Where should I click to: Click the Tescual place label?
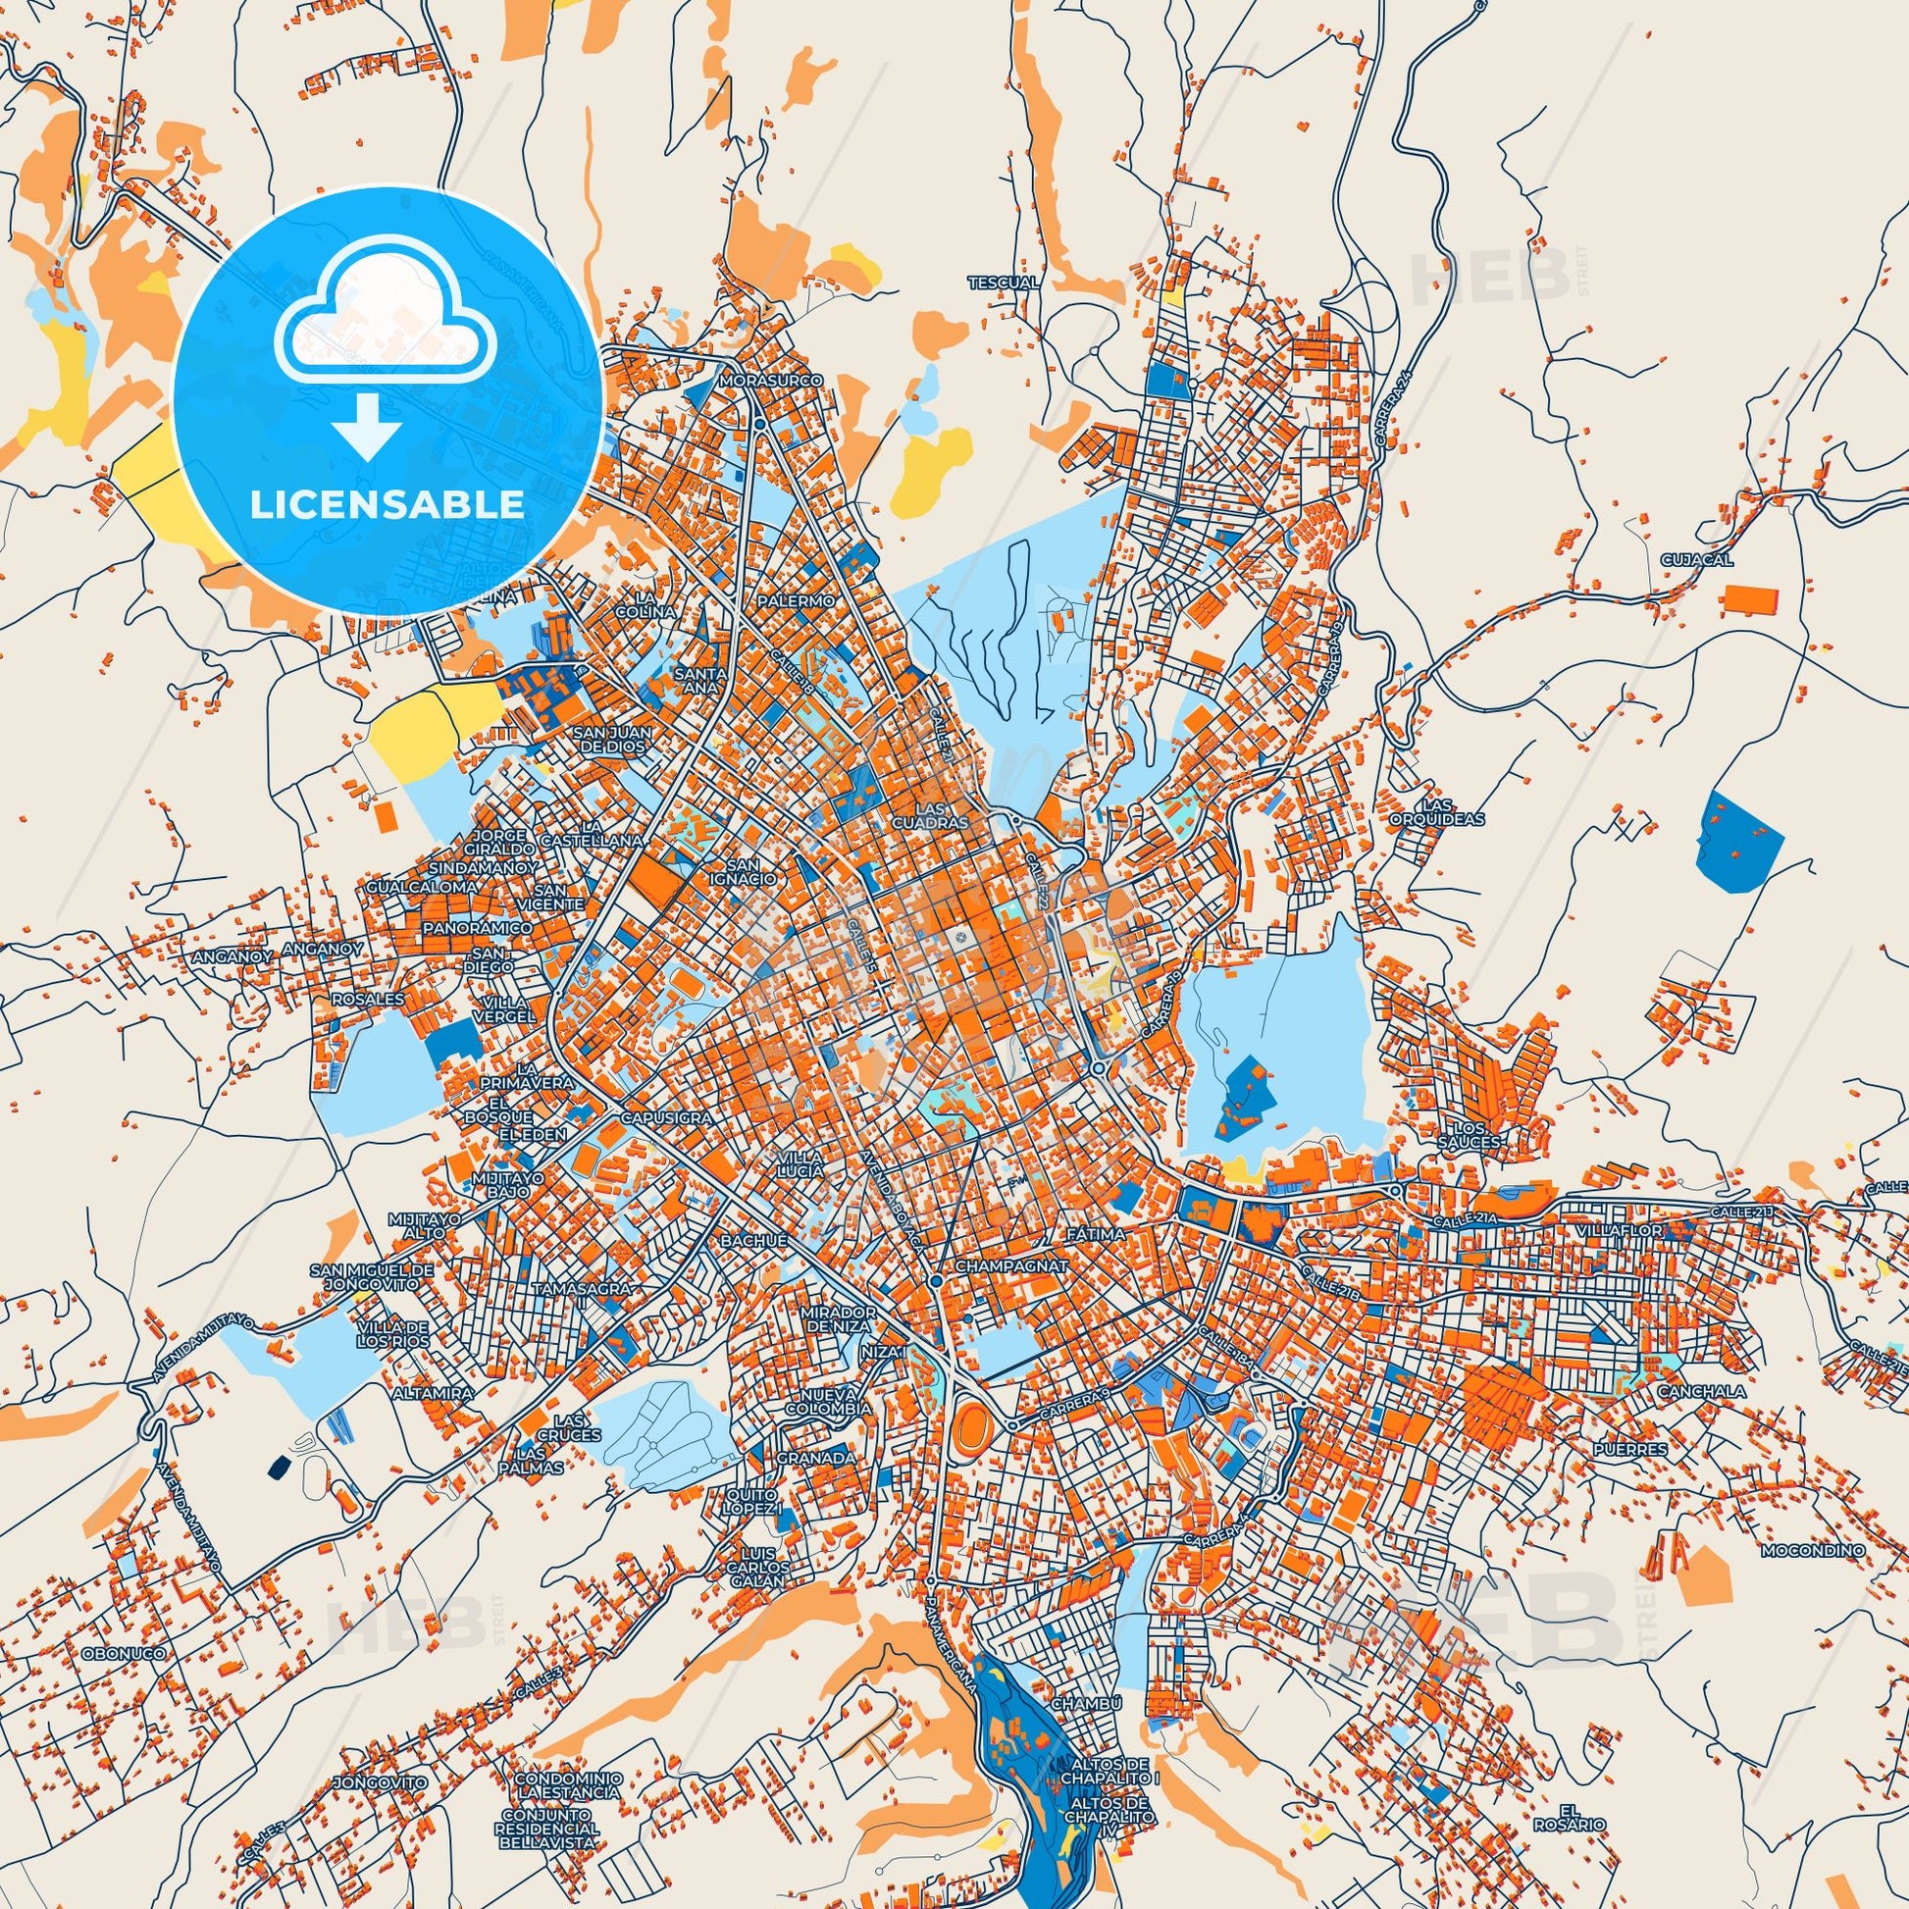1003,283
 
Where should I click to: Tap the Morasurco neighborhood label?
759,380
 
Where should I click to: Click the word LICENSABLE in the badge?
387,504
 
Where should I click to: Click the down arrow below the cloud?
367,426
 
